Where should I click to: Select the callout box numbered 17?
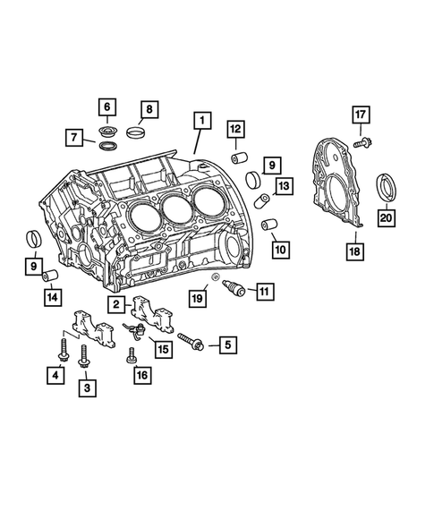[x=360, y=115]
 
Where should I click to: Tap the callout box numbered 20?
[x=386, y=217]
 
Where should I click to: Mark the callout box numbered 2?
[x=117, y=305]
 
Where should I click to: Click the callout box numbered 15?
[x=163, y=350]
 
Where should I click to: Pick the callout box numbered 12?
[x=234, y=129]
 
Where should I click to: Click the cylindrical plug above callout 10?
[x=268, y=222]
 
